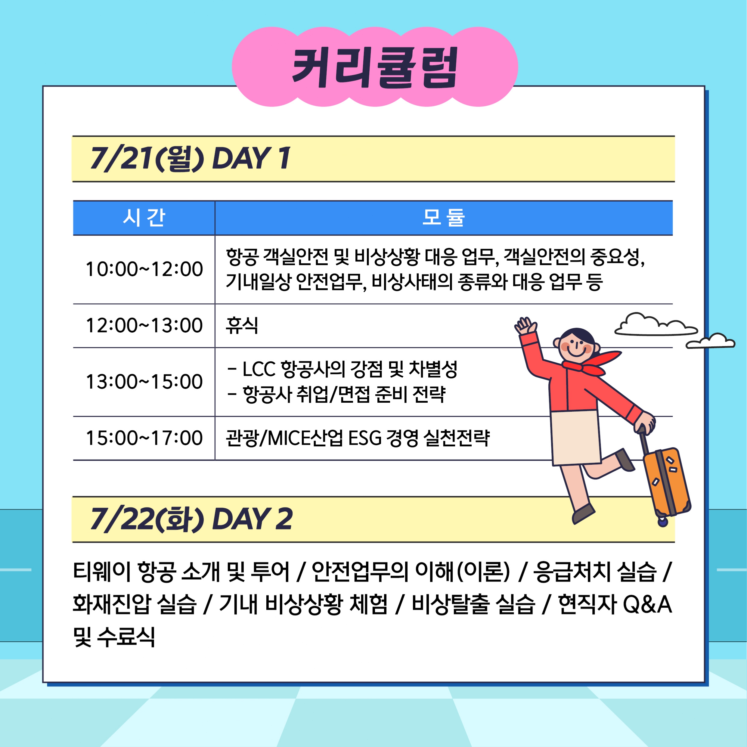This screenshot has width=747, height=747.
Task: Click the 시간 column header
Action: tap(144, 218)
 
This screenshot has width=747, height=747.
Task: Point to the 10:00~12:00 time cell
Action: tap(144, 269)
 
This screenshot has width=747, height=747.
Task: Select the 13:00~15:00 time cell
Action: tap(144, 382)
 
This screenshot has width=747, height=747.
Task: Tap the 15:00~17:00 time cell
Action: tap(144, 438)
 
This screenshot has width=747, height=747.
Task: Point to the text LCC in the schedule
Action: tap(259, 369)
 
